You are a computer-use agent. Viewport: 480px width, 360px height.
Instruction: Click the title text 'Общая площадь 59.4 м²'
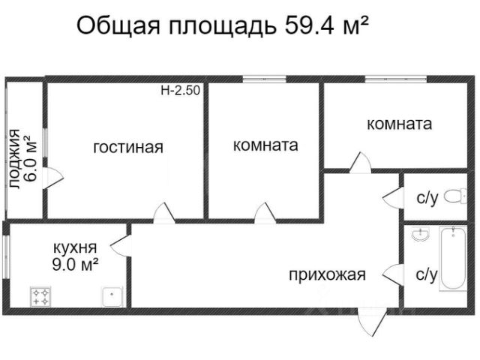coord(223,27)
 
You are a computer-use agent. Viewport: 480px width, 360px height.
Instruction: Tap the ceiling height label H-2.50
coord(180,91)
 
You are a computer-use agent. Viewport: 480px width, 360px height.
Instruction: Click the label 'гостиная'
coord(127,147)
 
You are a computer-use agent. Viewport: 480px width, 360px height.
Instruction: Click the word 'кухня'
coord(74,247)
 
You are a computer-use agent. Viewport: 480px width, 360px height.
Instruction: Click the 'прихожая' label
coord(327,274)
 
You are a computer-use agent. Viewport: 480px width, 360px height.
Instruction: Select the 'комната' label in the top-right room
coord(400,124)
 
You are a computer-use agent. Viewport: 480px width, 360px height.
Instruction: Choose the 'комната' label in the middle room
coord(265,145)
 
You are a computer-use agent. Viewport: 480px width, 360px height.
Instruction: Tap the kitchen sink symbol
coord(112,298)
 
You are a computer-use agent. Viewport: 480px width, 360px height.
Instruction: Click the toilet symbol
coord(452,196)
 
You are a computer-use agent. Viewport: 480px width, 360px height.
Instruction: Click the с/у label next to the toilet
coord(427,198)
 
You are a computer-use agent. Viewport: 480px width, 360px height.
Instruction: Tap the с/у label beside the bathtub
coord(427,274)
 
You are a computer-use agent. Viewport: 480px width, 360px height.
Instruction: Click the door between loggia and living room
coord(52,178)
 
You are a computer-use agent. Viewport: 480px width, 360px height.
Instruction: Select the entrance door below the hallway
coord(367,322)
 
